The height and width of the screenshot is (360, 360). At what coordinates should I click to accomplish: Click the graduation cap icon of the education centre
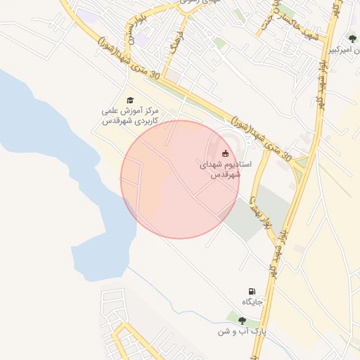pyautogui.click(x=129, y=101)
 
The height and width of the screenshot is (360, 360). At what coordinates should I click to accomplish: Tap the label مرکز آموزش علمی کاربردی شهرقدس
pyautogui.click(x=130, y=116)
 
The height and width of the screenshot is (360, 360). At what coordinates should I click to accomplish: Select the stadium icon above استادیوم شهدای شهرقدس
pyautogui.click(x=225, y=153)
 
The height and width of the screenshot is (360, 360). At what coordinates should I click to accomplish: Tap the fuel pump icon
pyautogui.click(x=252, y=291)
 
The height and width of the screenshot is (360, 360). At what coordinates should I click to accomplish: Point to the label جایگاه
pyautogui.click(x=252, y=302)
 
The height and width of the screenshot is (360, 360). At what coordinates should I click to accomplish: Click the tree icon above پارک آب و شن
pyautogui.click(x=243, y=320)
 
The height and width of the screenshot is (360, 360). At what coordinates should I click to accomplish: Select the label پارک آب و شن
pyautogui.click(x=243, y=330)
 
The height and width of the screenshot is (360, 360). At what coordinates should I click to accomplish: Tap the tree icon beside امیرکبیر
pyautogui.click(x=352, y=39)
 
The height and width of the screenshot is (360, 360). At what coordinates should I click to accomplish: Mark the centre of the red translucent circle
pyautogui.click(x=180, y=179)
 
